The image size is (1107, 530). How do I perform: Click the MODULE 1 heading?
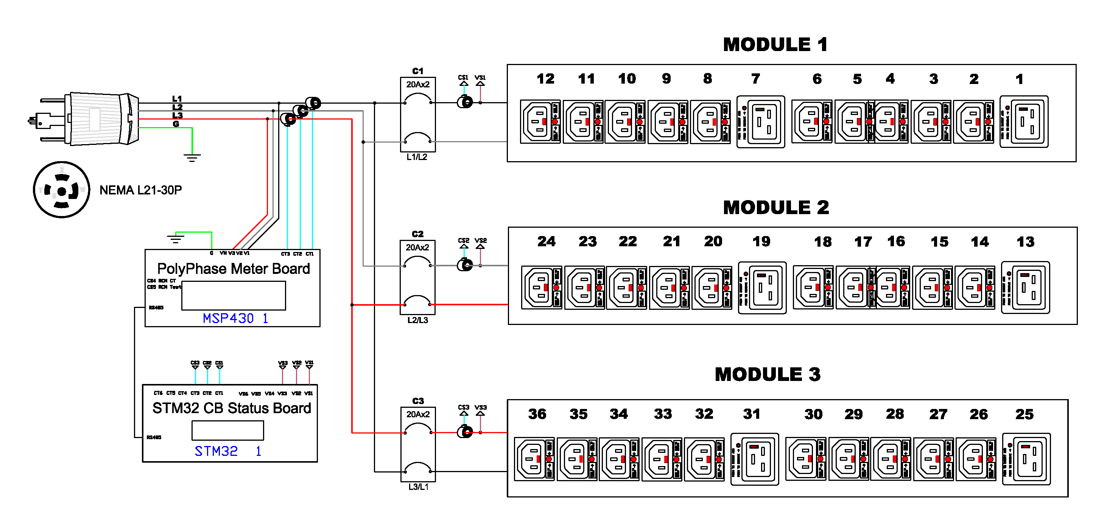pyautogui.click(x=775, y=45)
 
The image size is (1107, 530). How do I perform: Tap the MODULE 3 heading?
pyautogui.click(x=768, y=375)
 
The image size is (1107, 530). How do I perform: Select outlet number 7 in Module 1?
pyautogui.click(x=760, y=122)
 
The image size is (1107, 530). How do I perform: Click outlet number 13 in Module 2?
pyautogui.click(x=1025, y=288)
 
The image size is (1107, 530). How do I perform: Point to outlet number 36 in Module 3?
pyautogui.click(x=534, y=459)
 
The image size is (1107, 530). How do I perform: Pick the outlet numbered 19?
pyautogui.click(x=762, y=288)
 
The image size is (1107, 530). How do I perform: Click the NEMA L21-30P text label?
pyautogui.click(x=140, y=190)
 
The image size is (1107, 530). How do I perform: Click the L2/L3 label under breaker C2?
pyautogui.click(x=418, y=320)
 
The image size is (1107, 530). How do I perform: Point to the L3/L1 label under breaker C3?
pyautogui.click(x=418, y=487)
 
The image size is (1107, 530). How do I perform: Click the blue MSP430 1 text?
pyautogui.click(x=235, y=318)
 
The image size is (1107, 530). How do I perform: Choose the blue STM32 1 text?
pyautogui.click(x=228, y=451)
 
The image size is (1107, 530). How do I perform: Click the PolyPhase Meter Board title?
pyautogui.click(x=234, y=269)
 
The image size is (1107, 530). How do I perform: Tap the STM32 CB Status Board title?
pyautogui.click(x=232, y=408)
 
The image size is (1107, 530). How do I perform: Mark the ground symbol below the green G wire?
pyautogui.click(x=192, y=158)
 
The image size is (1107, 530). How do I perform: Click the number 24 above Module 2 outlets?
pyautogui.click(x=546, y=241)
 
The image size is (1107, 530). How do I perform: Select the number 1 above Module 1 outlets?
pyautogui.click(x=1019, y=79)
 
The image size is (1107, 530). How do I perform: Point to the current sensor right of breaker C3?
pyautogui.click(x=464, y=432)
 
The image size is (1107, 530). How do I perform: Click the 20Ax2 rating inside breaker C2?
pyautogui.click(x=417, y=247)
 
